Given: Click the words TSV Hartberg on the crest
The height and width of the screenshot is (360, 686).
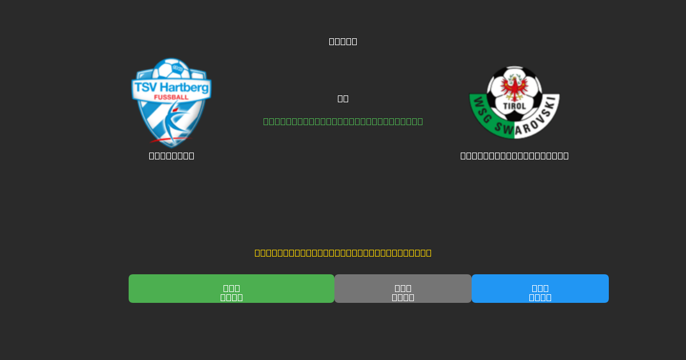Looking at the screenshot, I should pyautogui.click(x=171, y=87).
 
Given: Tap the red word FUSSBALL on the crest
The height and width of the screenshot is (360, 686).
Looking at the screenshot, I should pyautogui.click(x=171, y=98).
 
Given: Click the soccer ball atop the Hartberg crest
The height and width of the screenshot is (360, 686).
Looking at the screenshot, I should pyautogui.click(x=171, y=69).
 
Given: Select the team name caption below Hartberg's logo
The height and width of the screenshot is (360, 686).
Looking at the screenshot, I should pyautogui.click(x=171, y=155).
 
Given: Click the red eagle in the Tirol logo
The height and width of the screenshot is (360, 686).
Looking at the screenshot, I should pyautogui.click(x=514, y=88).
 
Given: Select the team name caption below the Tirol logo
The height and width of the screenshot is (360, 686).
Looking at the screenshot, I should pyautogui.click(x=514, y=155).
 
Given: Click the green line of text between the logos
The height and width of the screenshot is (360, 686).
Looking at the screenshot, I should pyautogui.click(x=343, y=121).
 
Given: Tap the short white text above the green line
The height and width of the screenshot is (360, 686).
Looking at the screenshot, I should pyautogui.click(x=343, y=98).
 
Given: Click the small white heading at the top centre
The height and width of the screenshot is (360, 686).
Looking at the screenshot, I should pyautogui.click(x=343, y=41).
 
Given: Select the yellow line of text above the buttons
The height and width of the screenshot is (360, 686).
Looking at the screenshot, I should pyautogui.click(x=343, y=253).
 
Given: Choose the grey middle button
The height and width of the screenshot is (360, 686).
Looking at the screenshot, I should pyautogui.click(x=403, y=289).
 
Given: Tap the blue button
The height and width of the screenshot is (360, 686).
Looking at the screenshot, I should pyautogui.click(x=540, y=289).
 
